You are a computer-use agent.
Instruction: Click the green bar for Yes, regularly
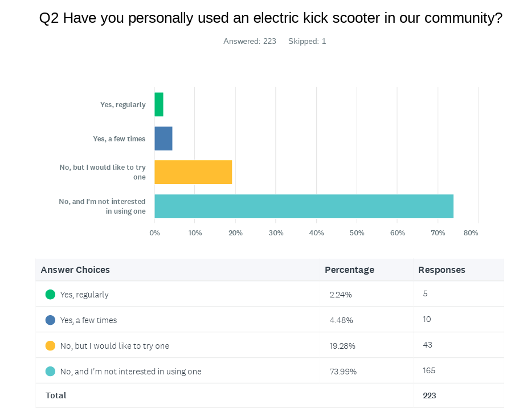[x=159, y=104]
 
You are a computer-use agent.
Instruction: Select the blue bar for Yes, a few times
[x=164, y=138]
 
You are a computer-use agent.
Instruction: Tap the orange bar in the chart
[x=193, y=172]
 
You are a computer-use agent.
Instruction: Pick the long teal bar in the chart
[x=304, y=206]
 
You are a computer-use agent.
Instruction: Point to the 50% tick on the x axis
[x=357, y=233]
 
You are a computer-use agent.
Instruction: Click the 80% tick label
[x=471, y=233]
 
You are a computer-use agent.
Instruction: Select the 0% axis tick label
[x=154, y=233]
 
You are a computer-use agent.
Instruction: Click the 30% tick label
[x=276, y=233]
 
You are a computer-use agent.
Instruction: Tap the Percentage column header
[x=349, y=270]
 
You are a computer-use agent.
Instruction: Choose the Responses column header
[x=442, y=270]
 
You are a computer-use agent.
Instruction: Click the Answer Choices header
[x=75, y=270]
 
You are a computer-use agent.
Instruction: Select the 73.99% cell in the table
[x=343, y=372]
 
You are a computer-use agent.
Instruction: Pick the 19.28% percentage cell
[x=342, y=346]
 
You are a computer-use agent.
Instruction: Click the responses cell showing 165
[x=429, y=370]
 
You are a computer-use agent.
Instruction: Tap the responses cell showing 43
[x=428, y=345]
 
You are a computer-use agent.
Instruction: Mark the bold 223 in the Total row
[x=430, y=395]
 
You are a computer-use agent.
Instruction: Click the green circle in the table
[x=50, y=295]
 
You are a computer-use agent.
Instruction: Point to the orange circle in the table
[x=50, y=346]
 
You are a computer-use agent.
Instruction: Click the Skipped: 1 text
[x=307, y=41]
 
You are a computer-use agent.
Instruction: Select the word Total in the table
[x=56, y=395]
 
